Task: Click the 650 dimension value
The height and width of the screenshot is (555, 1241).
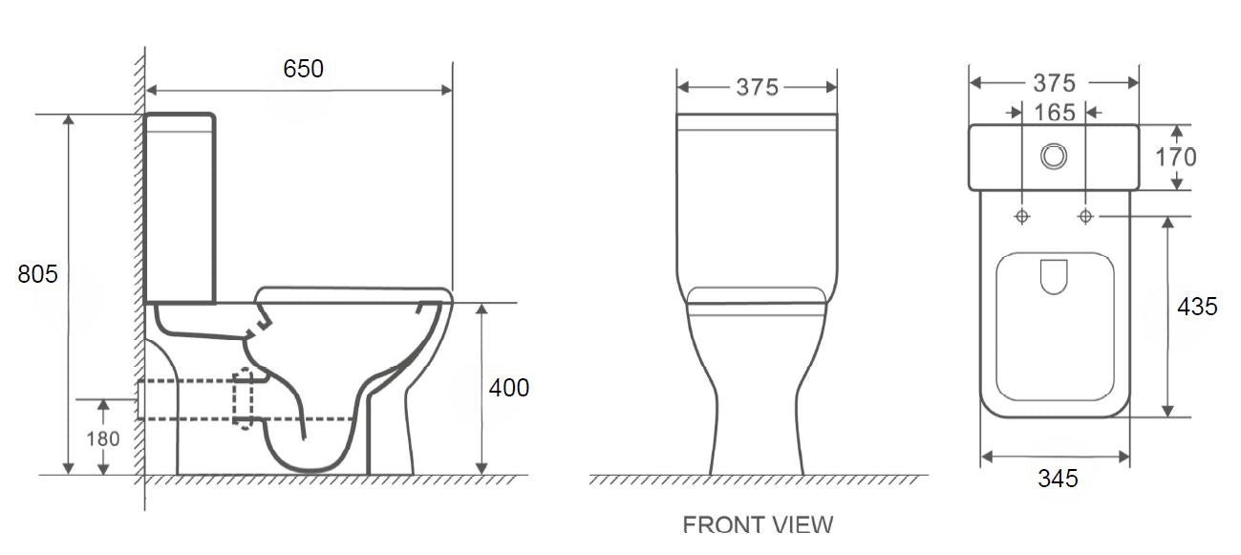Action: [303, 69]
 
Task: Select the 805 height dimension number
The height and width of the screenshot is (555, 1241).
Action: [38, 274]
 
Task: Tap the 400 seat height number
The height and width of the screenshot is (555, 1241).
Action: [508, 388]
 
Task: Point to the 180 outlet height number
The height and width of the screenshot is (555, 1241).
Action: [104, 438]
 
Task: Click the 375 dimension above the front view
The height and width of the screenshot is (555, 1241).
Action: [757, 87]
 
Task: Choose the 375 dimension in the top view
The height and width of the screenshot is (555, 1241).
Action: [1054, 83]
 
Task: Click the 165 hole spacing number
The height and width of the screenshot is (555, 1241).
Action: [1054, 112]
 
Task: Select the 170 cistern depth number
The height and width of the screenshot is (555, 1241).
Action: [1175, 157]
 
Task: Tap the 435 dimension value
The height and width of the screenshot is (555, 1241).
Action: [1197, 307]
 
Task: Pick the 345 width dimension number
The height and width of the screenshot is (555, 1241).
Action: [1058, 479]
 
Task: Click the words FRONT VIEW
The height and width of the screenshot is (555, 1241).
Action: [758, 524]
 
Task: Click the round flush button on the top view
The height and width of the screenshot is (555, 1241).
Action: [1054, 156]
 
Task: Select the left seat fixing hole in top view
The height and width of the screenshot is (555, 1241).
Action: [1022, 217]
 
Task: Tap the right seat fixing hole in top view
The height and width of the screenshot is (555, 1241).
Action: [1085, 217]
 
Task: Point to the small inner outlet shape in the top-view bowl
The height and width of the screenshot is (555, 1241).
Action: [1053, 276]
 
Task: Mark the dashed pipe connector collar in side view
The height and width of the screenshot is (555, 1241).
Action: [245, 397]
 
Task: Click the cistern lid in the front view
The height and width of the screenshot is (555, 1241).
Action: [757, 121]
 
